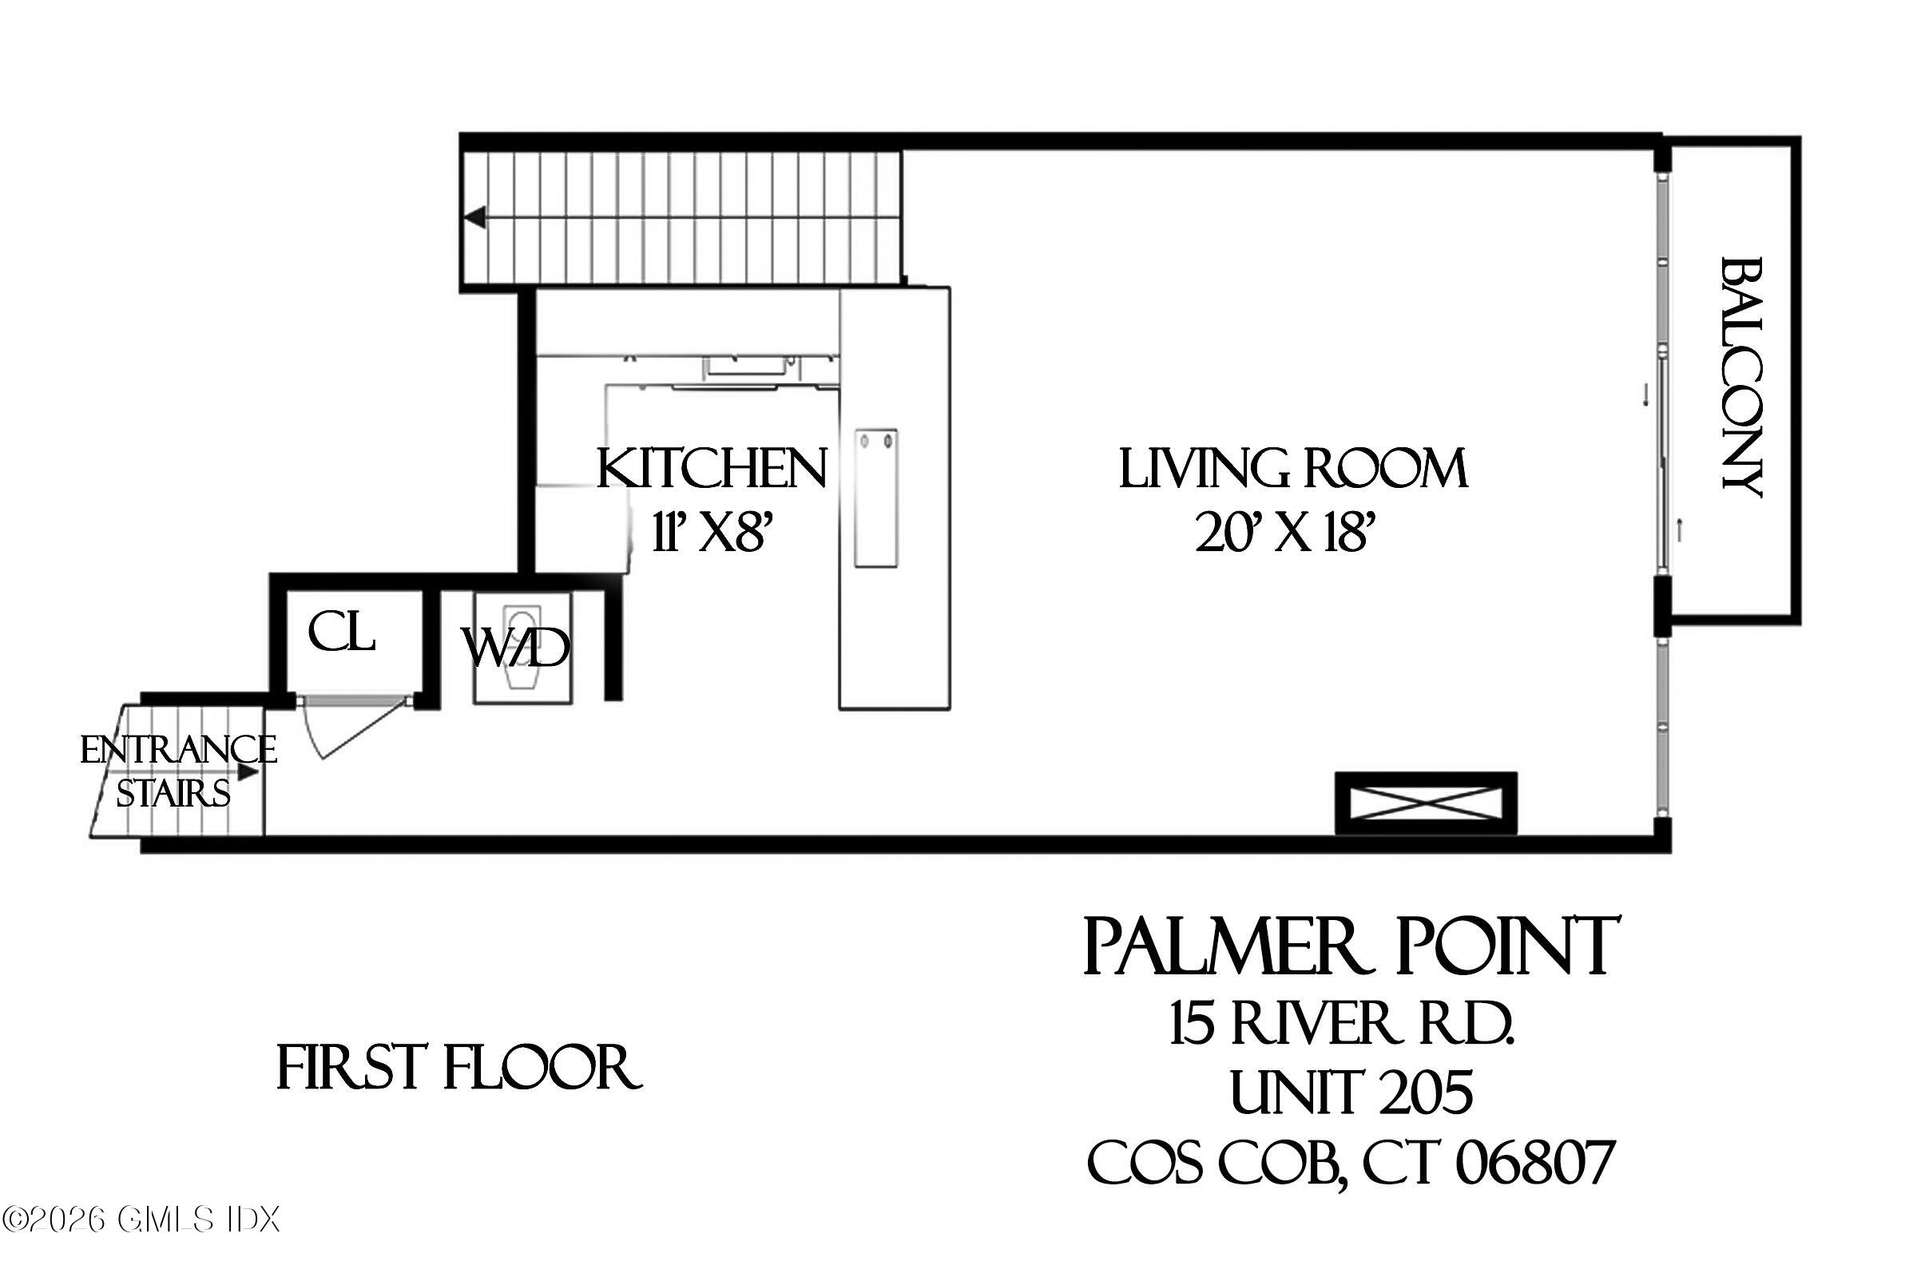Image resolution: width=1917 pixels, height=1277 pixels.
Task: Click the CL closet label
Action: click(341, 633)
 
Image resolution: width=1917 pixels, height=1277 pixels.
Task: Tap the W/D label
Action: click(514, 648)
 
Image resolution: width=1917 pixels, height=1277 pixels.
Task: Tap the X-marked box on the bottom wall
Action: click(1425, 803)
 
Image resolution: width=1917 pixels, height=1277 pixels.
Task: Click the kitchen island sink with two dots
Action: click(875, 498)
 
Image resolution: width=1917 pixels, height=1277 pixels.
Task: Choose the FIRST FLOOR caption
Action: click(458, 1069)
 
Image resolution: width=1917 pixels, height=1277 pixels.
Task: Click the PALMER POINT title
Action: click(1350, 946)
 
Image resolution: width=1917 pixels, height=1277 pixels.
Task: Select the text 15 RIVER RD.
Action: click(1342, 1024)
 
